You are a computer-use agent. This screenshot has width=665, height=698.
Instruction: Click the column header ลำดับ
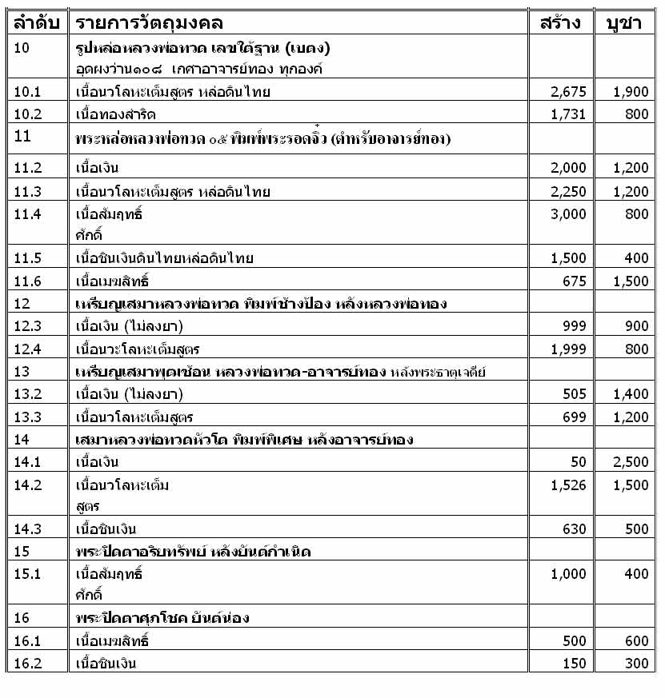click(x=36, y=22)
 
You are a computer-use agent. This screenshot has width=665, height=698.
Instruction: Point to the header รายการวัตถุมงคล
click(x=151, y=22)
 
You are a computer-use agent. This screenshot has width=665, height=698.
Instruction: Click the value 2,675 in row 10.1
click(x=569, y=92)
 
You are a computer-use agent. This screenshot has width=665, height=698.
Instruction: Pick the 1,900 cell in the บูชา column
click(x=631, y=92)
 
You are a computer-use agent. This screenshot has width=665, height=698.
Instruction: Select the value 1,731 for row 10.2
click(x=569, y=114)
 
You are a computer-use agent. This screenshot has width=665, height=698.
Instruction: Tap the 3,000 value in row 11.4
click(x=569, y=214)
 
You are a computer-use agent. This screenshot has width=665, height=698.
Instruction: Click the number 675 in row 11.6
click(x=575, y=281)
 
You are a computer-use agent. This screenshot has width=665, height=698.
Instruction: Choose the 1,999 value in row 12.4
click(x=569, y=349)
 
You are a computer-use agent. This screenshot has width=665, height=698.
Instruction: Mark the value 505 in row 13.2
click(x=575, y=394)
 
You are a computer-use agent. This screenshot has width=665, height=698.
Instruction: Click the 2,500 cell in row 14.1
click(x=631, y=462)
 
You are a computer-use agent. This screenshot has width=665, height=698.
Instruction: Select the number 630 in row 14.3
click(x=575, y=529)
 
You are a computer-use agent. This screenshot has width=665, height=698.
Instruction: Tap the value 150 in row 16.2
click(x=575, y=664)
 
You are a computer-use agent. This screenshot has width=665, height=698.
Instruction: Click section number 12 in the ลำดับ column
click(x=22, y=303)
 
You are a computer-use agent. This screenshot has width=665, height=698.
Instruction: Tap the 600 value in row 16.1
click(x=637, y=641)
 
